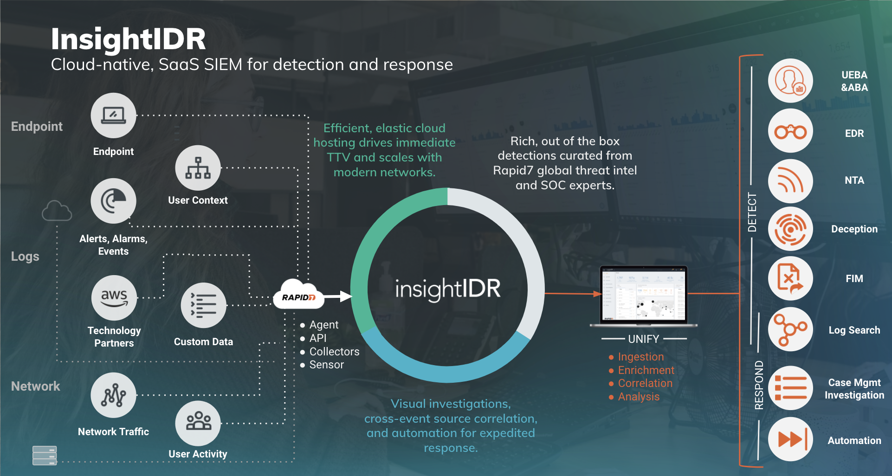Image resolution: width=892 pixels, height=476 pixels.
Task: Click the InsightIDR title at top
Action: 128,39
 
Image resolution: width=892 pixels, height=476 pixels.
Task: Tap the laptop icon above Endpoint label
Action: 113,115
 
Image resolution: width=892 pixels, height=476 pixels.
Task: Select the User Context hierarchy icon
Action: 198,168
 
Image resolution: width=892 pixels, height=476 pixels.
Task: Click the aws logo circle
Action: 114,298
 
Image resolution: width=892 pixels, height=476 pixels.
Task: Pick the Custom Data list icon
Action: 203,305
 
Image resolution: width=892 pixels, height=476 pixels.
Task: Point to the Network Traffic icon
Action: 113,395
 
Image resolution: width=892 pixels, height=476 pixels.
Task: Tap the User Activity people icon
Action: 198,423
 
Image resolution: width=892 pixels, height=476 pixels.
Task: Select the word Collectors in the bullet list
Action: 334,352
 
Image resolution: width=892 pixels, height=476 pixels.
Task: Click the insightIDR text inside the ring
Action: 447,289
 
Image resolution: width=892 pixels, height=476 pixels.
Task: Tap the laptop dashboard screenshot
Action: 643,295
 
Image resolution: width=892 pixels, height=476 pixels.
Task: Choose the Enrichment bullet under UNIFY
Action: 646,370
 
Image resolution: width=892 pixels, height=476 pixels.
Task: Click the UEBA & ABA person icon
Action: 790,81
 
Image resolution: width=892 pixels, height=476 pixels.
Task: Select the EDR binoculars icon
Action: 790,132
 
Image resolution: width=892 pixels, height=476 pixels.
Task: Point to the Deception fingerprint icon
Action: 790,229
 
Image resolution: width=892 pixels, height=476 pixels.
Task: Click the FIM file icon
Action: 790,278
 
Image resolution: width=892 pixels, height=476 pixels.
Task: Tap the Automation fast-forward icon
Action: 790,439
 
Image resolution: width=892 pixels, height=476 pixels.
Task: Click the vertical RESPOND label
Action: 759,385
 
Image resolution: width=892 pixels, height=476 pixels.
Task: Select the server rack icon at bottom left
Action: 45,455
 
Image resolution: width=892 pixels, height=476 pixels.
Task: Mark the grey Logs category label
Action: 25,257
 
